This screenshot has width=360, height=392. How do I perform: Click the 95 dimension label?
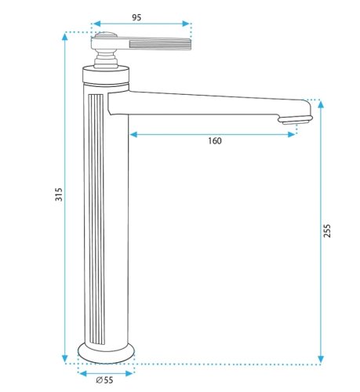[x=136, y=17]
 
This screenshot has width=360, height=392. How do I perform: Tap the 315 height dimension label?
[x=59, y=194]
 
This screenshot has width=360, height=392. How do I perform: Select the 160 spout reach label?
[x=215, y=141]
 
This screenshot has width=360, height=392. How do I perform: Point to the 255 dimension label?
[x=327, y=230]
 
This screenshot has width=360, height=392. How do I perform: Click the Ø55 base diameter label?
[x=104, y=379]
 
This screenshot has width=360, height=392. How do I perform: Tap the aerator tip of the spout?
[x=296, y=120]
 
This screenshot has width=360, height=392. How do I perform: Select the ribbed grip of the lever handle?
[x=160, y=43]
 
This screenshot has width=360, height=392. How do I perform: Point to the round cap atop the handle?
[x=105, y=34]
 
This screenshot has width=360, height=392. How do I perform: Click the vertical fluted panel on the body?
[x=96, y=258]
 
